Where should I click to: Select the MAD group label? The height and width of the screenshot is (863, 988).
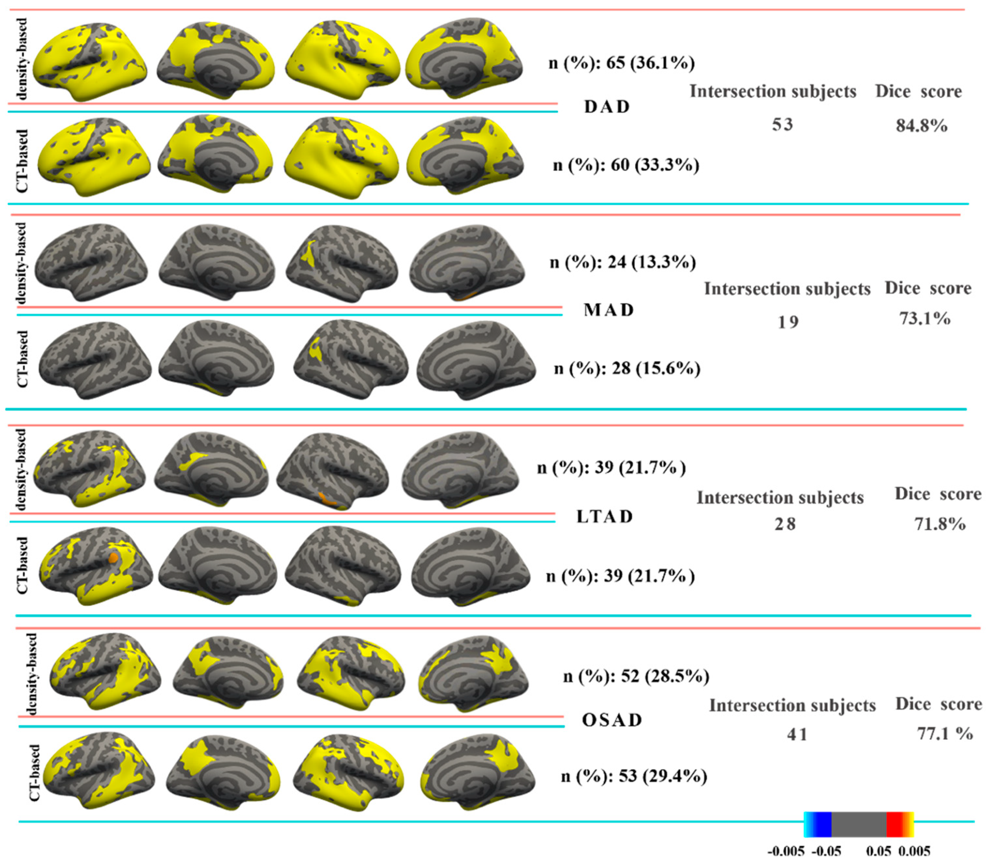tap(608, 310)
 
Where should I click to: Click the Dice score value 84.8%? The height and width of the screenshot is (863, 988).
tap(922, 126)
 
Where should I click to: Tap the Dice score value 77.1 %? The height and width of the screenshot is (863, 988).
tap(945, 734)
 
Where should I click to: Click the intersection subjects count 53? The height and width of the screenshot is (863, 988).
tap(782, 125)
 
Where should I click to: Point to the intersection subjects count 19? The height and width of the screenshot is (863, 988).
tap(788, 322)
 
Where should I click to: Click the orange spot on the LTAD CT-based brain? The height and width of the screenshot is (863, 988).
tap(113, 558)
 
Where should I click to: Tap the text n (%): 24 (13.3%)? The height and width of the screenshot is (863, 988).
tap(623, 263)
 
